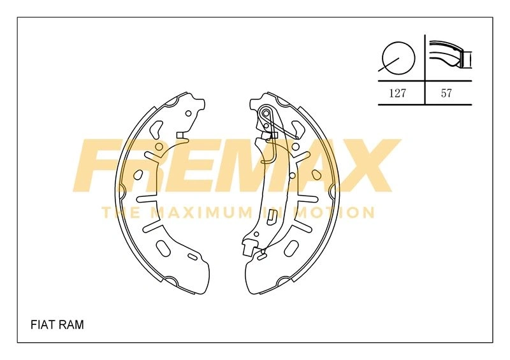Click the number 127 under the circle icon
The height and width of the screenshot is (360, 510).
pos(397,93)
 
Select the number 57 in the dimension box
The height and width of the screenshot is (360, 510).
pos(446,93)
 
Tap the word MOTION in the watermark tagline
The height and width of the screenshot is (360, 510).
pos(336,213)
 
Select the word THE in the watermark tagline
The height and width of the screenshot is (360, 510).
pos(121,213)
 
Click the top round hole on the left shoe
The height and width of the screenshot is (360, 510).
pos(188,113)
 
